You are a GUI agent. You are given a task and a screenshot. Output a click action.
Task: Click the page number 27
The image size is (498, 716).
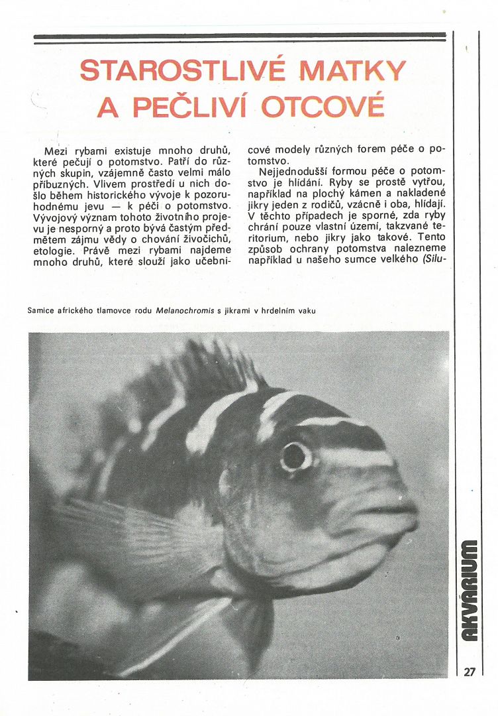click(x=470, y=671)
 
